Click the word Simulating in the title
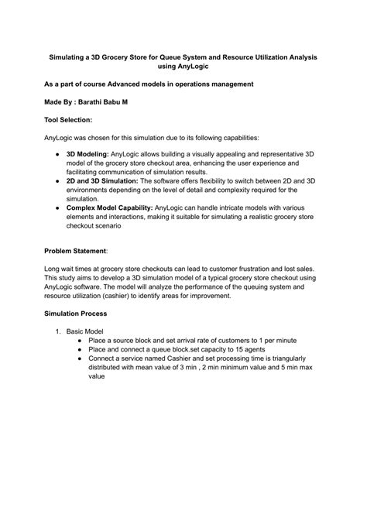pyautogui.click(x=70, y=57)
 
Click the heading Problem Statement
pyautogui.click(x=75, y=251)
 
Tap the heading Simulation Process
pyautogui.click(x=76, y=313)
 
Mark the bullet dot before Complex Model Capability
pyautogui.click(x=59, y=207)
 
